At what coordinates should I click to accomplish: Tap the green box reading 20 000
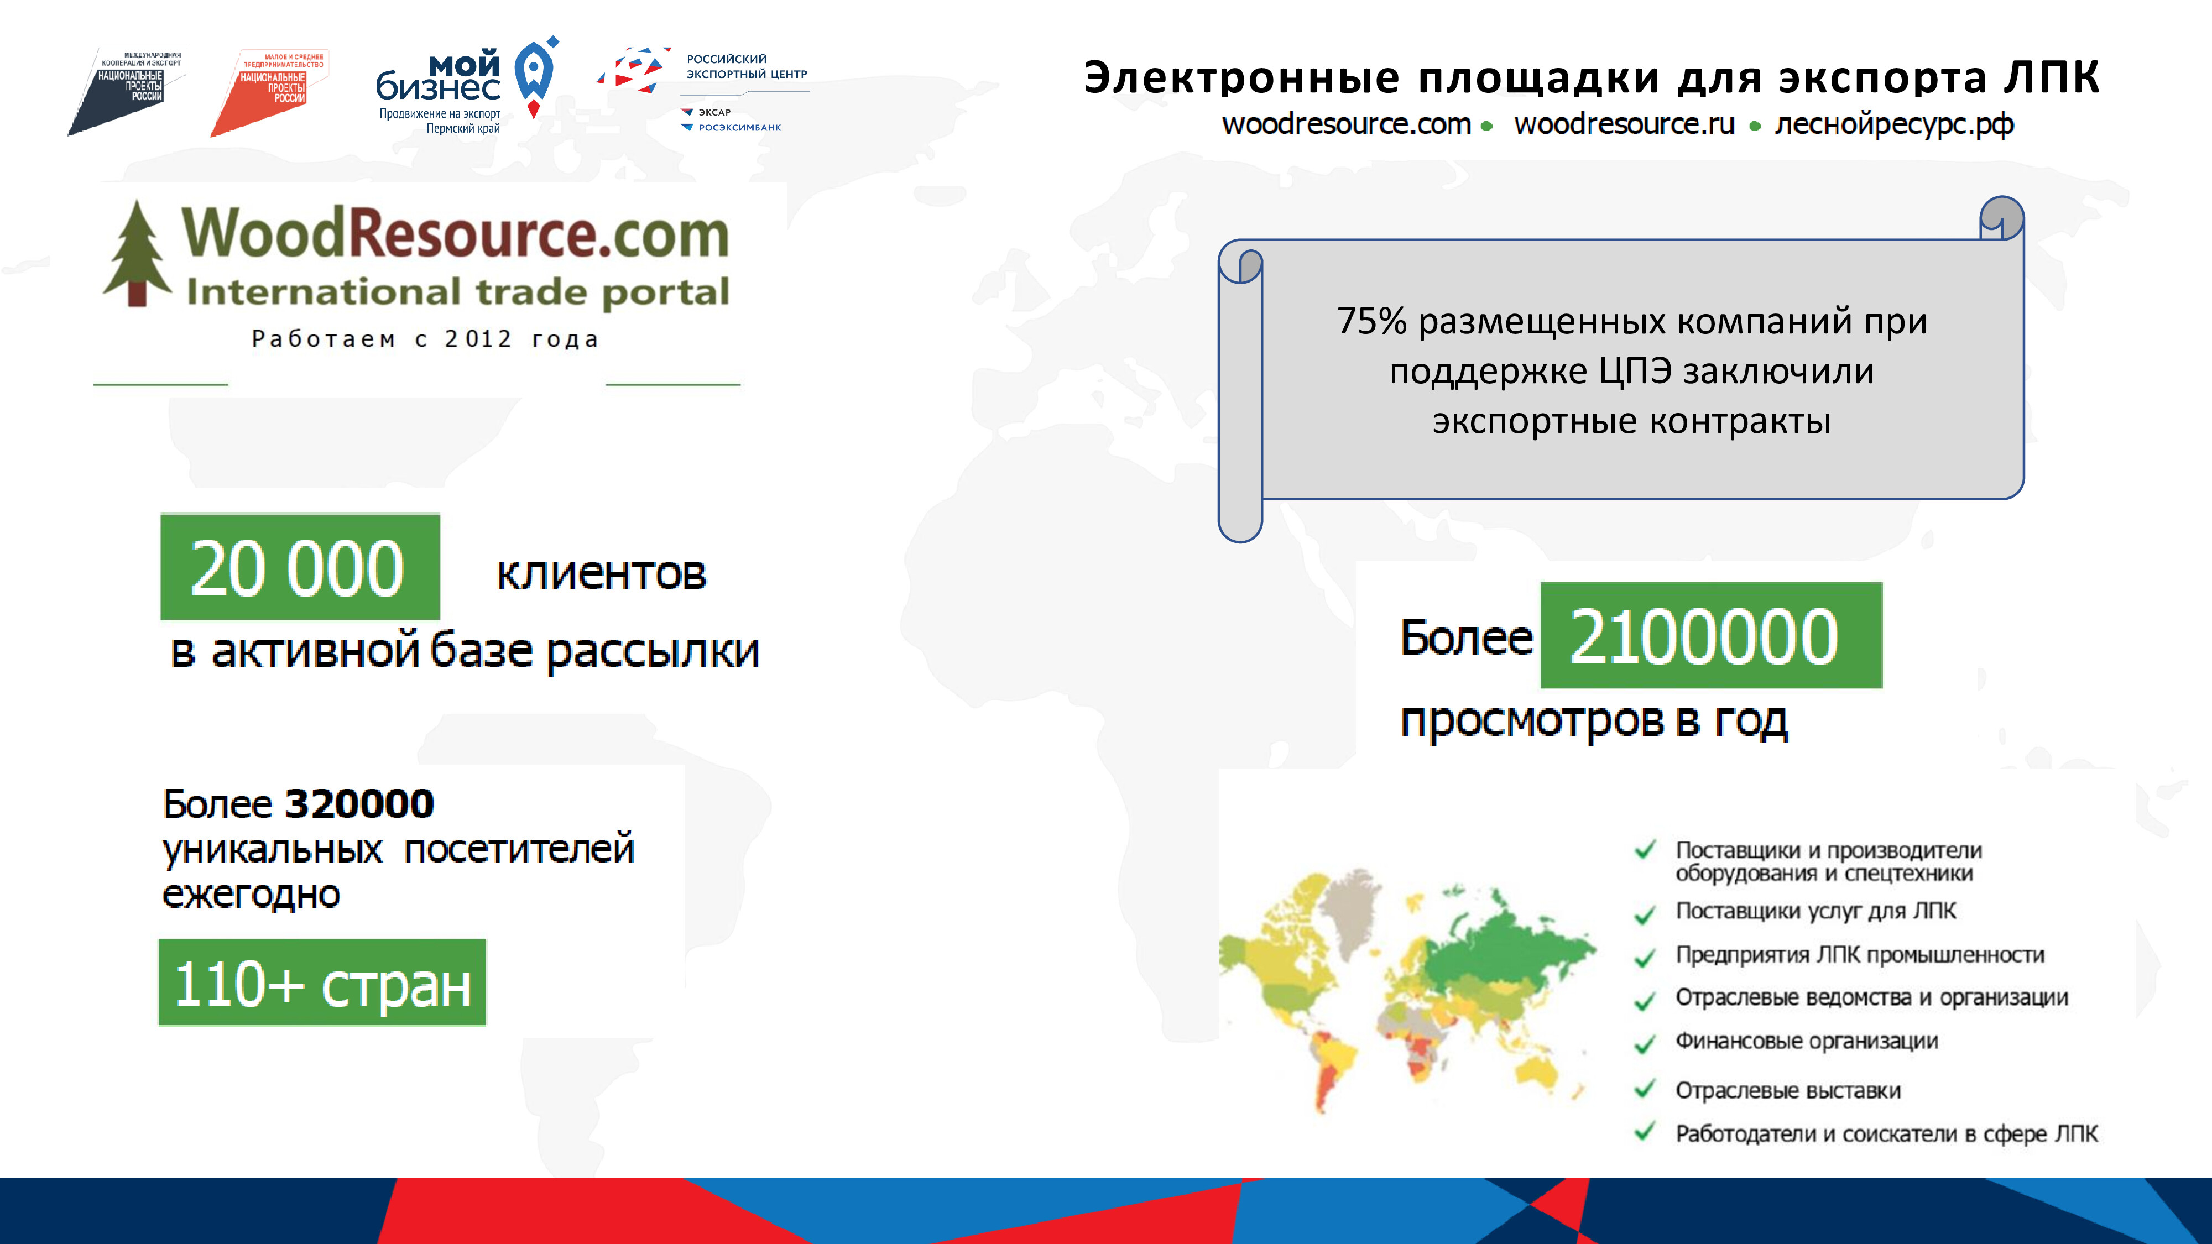click(300, 567)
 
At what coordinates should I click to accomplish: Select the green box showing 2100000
click(1710, 635)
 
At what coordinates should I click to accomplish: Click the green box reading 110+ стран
click(322, 982)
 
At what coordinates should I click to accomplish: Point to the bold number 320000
click(359, 803)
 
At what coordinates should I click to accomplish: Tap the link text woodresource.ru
click(1624, 124)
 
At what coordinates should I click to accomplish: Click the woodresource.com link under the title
click(1347, 124)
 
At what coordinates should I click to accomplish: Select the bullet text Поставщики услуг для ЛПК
click(1815, 911)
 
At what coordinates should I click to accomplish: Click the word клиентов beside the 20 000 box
click(601, 573)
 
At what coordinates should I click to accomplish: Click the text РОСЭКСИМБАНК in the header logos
click(739, 128)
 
